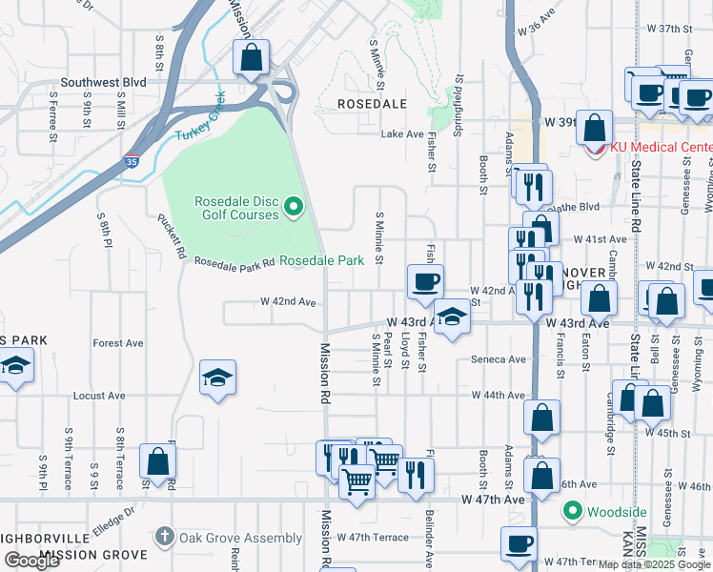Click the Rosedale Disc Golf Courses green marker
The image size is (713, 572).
pos(295,206)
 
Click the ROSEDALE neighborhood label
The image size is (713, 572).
pos(374,103)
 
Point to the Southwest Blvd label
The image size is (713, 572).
pos(104,83)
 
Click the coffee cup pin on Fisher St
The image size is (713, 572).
pos(425,281)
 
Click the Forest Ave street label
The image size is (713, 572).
pos(117,343)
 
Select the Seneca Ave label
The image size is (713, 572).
pos(499,359)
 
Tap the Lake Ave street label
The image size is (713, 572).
pos(401,134)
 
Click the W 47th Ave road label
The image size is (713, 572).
pos(494,499)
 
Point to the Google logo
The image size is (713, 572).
pos(31,561)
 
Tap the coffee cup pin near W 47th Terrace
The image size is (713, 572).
pos(519,544)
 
